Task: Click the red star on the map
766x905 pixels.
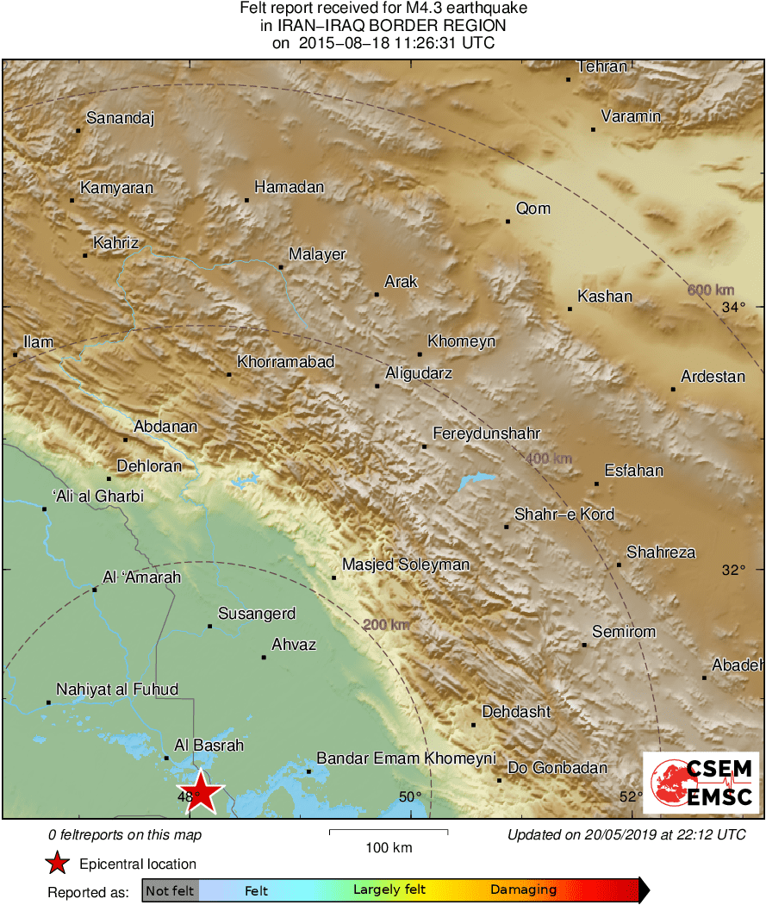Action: [x=201, y=791]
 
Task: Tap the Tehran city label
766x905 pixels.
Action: [x=602, y=66]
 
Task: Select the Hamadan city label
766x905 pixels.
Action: [x=290, y=187]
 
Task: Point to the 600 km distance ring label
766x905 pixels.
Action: [x=711, y=290]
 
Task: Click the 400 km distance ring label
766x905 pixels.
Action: [x=549, y=459]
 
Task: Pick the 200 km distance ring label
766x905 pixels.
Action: [x=386, y=624]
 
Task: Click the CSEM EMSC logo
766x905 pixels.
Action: [x=701, y=782]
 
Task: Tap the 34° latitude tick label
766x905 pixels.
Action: [x=733, y=307]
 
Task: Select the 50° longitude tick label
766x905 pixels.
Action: [x=410, y=797]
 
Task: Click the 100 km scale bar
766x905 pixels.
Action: [x=389, y=832]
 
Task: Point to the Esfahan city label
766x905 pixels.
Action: [x=634, y=471]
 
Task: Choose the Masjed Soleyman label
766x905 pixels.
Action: [x=406, y=565]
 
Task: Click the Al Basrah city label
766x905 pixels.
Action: [x=209, y=746]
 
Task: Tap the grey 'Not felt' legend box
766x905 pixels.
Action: [x=170, y=890]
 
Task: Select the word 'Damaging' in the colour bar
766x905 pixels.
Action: [x=524, y=890]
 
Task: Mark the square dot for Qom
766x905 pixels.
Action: [x=508, y=222]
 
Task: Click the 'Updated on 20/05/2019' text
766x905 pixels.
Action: [x=626, y=834]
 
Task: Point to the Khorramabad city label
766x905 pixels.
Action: [x=285, y=362]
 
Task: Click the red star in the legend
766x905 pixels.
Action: [x=58, y=863]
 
